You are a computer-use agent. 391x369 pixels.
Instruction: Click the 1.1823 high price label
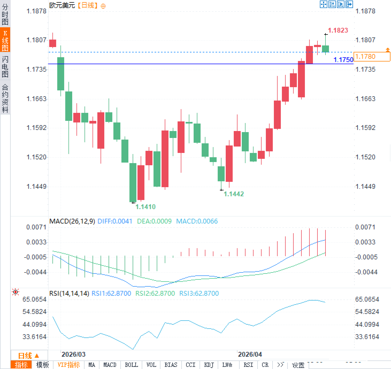pos(338,30)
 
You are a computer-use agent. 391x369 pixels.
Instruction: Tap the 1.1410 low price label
pos(145,207)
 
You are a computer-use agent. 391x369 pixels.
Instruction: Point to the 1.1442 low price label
pos(233,194)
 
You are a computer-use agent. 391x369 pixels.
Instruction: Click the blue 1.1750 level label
pos(343,60)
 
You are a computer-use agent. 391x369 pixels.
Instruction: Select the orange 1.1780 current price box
pos(372,56)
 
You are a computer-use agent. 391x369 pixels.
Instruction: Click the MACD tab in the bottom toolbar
pos(110,365)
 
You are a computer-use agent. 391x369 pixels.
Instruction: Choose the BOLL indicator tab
pos(131,365)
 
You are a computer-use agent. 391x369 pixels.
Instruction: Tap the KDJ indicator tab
pos(209,365)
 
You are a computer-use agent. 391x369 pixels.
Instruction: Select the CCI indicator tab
pos(190,365)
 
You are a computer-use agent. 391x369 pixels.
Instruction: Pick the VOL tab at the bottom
pos(151,365)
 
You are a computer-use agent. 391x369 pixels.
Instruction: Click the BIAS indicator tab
pos(171,365)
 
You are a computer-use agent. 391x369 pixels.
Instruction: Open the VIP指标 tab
pos(69,365)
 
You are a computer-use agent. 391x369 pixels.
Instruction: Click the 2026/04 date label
pos(250,354)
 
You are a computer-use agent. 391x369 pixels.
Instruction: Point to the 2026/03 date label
pos(73,354)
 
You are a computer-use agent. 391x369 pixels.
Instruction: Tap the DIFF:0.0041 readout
pos(115,221)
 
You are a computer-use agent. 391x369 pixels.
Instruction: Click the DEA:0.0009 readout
pos(154,221)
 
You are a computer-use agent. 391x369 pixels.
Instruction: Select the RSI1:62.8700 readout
pos(111,293)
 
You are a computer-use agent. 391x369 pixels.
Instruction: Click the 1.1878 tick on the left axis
pos(36,11)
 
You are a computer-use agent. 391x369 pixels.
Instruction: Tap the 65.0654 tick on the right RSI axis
pos(367,299)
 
